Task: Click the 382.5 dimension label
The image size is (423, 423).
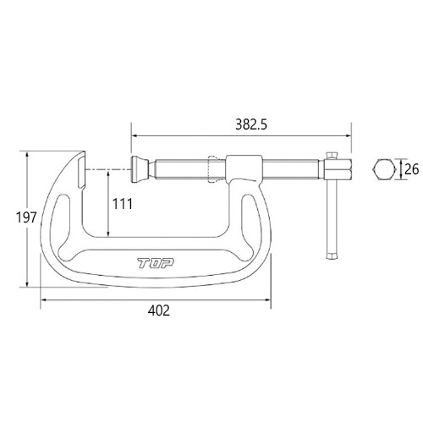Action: [x=251, y=124]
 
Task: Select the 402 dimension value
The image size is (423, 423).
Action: [x=159, y=310]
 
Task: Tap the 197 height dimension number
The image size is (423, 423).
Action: [x=26, y=217]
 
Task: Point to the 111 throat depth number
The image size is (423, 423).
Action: [x=123, y=204]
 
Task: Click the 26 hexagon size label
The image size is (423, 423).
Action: [x=411, y=169]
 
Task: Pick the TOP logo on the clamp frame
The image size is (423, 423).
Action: [x=156, y=264]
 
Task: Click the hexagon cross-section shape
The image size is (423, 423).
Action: [x=384, y=169]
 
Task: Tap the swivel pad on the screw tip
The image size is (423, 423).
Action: [x=140, y=169]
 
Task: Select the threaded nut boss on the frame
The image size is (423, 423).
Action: [x=244, y=168]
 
